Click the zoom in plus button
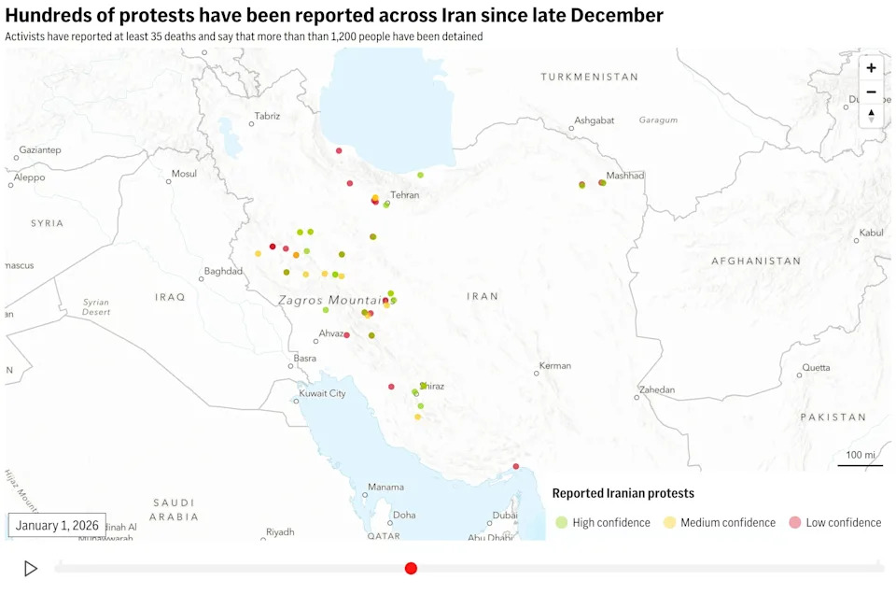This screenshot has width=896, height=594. tap(871, 68)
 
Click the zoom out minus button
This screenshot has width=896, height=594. tap(871, 92)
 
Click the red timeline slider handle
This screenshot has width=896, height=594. tap(411, 568)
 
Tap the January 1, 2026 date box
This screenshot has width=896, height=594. tap(57, 525)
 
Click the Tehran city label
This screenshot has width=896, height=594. tap(405, 195)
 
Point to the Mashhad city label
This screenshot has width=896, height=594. tap(624, 176)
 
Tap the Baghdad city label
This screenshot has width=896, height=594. tap(223, 272)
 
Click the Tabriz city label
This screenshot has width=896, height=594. tap(267, 116)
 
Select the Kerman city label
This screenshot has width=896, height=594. tap(554, 365)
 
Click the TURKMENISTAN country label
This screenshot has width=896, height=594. tap(589, 77)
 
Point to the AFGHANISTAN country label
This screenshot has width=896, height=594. tap(756, 262)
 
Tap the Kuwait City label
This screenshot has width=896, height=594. tap(322, 393)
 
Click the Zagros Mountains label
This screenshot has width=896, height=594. tap(332, 300)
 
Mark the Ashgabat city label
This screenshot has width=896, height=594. tap(595, 120)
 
